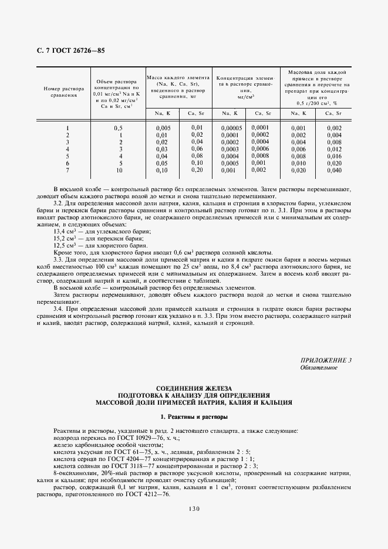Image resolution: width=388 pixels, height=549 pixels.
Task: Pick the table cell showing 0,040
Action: pyautogui.click(x=333, y=170)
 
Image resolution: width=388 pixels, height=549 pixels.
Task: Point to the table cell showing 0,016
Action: pyautogui.click(x=333, y=156)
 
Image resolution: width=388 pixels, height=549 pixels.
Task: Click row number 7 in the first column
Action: pyautogui.click(x=68, y=170)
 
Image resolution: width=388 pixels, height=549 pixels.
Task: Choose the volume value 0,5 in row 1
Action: pyautogui.click(x=118, y=128)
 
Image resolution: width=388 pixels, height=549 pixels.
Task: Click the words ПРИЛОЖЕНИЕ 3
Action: pyautogui.click(x=326, y=360)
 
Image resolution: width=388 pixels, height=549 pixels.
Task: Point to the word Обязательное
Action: pyautogui.click(x=319, y=368)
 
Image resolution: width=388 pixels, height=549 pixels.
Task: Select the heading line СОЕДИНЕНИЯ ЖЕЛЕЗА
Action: pyautogui.click(x=193, y=388)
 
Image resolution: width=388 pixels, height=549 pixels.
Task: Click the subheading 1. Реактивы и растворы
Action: pyautogui.click(x=193, y=416)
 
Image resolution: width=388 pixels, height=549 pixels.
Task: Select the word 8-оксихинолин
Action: pyautogui.click(x=72, y=473)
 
